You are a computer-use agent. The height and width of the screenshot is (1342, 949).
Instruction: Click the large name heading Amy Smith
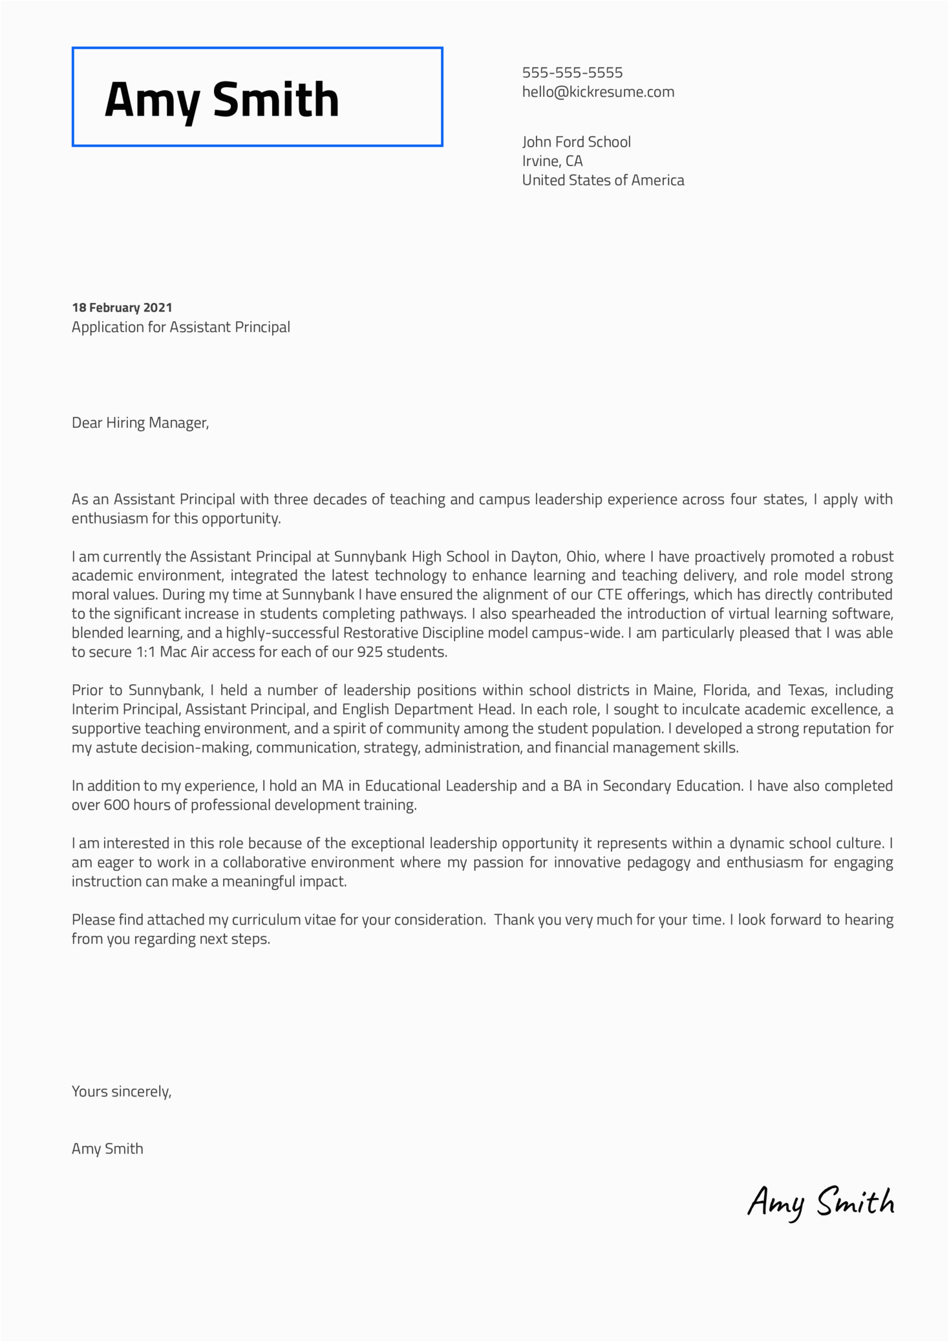pyautogui.click(x=222, y=100)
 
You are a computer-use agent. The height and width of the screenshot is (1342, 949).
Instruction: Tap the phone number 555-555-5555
pyautogui.click(x=572, y=72)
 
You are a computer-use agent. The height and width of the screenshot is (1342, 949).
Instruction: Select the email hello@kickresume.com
pyautogui.click(x=598, y=92)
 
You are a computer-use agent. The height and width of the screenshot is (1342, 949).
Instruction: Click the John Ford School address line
pyautogui.click(x=576, y=142)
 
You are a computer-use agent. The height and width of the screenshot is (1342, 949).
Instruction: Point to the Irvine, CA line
pyautogui.click(x=552, y=161)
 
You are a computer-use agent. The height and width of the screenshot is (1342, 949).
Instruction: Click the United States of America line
pyautogui.click(x=602, y=180)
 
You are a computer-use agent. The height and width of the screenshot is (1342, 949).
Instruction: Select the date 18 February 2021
pyautogui.click(x=122, y=308)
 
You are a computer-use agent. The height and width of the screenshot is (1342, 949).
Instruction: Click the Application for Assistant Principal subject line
pyautogui.click(x=180, y=327)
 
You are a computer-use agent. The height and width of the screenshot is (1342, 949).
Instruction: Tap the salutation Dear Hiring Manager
pyautogui.click(x=140, y=423)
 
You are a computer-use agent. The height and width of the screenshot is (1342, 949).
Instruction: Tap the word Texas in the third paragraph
pyautogui.click(x=806, y=690)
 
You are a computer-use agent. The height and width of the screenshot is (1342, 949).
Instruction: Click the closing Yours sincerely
pyautogui.click(x=121, y=1091)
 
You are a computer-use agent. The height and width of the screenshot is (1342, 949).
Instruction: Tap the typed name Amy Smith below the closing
pyautogui.click(x=107, y=1149)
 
